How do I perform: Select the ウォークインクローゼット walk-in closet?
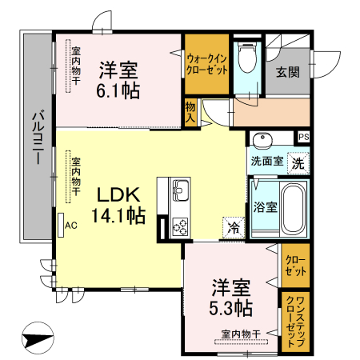tap(206, 63)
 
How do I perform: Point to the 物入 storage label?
tap(190, 111)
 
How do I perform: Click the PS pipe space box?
tap(303, 137)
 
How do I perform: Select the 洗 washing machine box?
tap(297, 164)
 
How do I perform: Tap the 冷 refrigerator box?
tap(234, 227)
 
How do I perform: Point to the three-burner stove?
tap(180, 226)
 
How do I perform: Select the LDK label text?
tap(119, 194)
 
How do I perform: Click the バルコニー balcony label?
tap(37, 136)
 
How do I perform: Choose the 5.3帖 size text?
tap(233, 307)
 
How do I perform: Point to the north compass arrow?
tap(38, 339)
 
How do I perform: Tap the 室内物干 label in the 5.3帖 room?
tap(240, 334)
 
